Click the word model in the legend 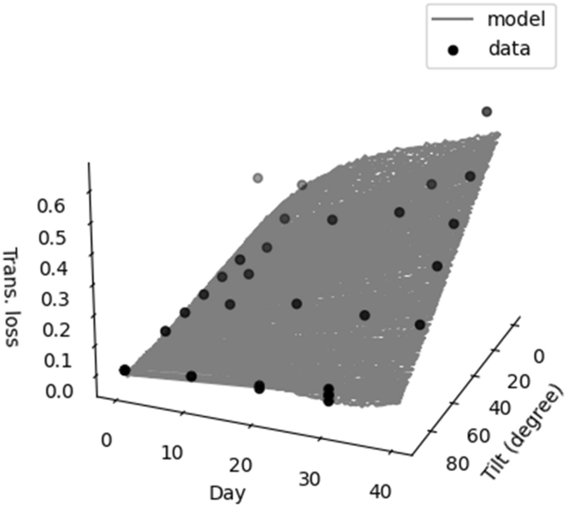click(516, 19)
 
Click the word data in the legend click(509, 48)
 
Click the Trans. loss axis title click(11, 297)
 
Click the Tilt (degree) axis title click(522, 433)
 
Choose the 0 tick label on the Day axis click(106, 439)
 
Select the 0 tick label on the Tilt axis click(539, 356)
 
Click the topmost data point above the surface click(486, 112)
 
